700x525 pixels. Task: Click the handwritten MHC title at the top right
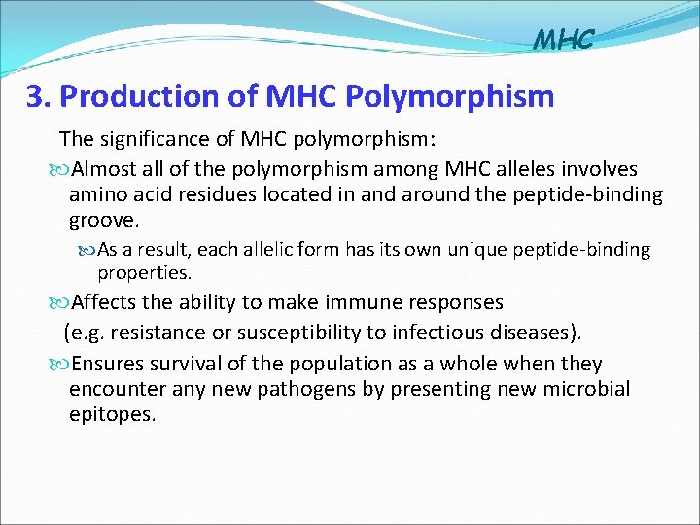[x=563, y=40]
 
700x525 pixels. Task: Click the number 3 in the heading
[x=37, y=97]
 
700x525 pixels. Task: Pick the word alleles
[x=531, y=170]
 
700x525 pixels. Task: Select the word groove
[x=103, y=220]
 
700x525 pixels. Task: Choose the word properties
[x=144, y=273]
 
